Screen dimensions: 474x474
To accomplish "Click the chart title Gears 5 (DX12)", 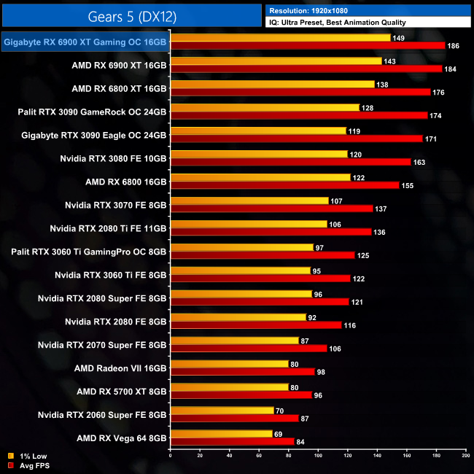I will tap(131, 15).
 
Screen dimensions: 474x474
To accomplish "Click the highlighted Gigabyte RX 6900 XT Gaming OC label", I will tap(85, 43).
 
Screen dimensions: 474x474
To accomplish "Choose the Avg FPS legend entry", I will tap(28, 465).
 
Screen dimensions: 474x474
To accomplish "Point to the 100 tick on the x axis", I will tap(318, 456).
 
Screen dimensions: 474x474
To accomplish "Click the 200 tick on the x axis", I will tap(465, 456).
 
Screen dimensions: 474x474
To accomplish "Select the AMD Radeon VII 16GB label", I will tap(121, 368).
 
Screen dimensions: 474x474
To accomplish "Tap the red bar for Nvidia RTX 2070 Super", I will tap(249, 349).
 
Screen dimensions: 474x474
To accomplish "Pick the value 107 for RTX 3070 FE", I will tap(338, 201).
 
